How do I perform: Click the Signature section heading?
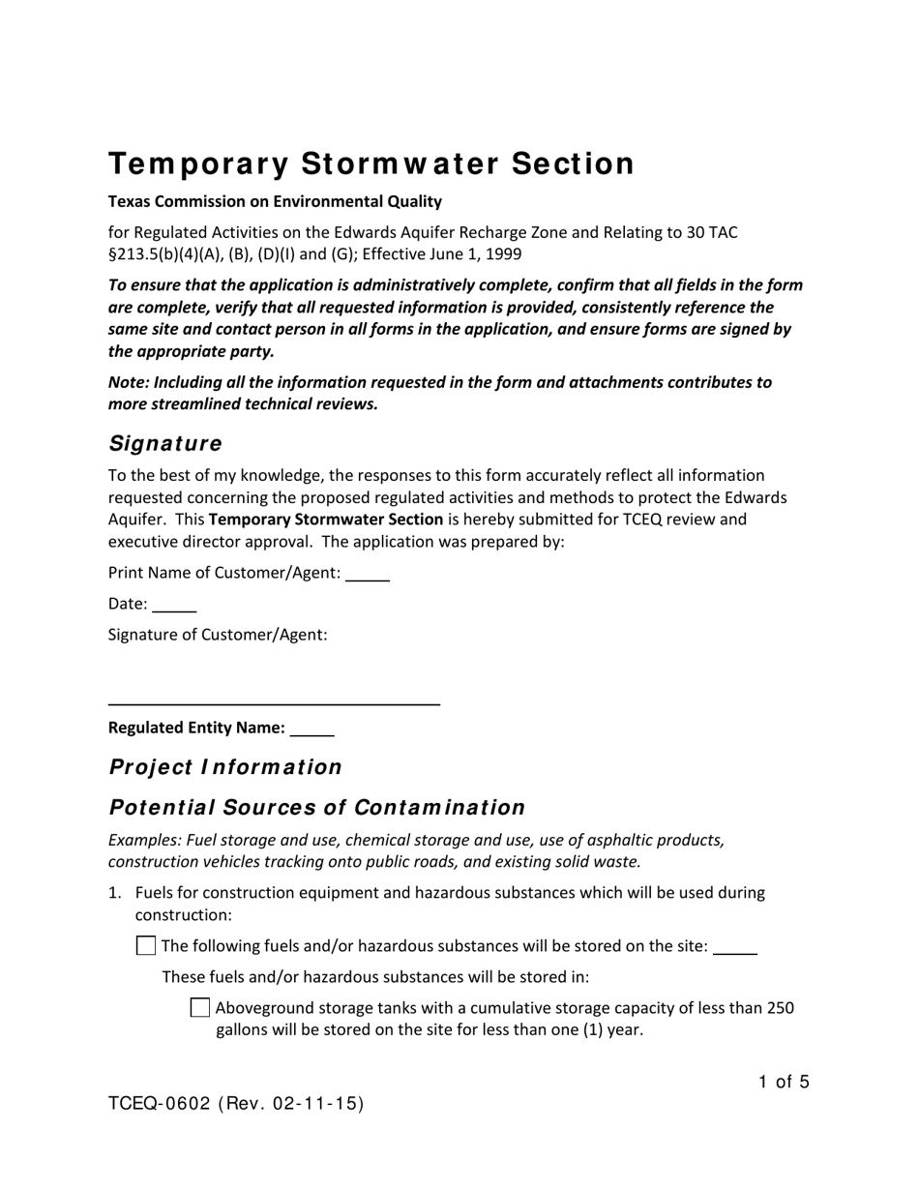pos(164,443)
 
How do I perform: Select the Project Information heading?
pos(225,767)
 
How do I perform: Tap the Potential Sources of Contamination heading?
pos(316,807)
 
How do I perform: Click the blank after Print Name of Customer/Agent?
pos(368,574)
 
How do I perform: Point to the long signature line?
pos(274,704)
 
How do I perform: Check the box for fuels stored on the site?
pos(146,945)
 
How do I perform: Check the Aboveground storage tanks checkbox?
pos(200,1007)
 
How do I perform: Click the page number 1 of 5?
pos(784,1082)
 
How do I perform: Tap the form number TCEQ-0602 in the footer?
pos(159,1104)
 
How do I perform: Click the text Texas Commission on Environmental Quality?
pos(275,201)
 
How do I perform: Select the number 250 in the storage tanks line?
pos(780,1008)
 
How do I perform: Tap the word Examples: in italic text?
pos(144,839)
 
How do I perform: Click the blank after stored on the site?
pos(735,947)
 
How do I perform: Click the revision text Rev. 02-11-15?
pos(290,1104)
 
